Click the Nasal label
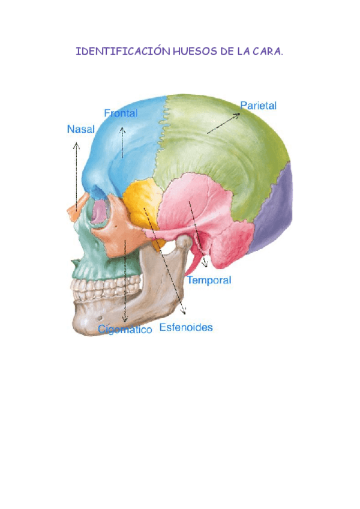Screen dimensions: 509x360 [81, 129]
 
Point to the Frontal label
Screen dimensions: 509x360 [121, 113]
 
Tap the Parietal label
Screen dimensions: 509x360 [258, 105]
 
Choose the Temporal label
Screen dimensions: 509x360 [209, 280]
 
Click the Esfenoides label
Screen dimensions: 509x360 [186, 328]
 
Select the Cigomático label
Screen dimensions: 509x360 [125, 330]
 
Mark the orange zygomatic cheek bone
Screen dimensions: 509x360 [120, 237]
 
